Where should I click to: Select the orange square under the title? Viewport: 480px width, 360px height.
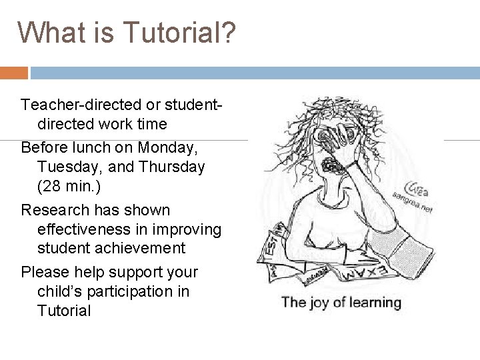14,72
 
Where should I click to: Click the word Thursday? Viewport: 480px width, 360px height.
169,167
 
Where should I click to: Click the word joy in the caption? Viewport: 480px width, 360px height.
321,303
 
